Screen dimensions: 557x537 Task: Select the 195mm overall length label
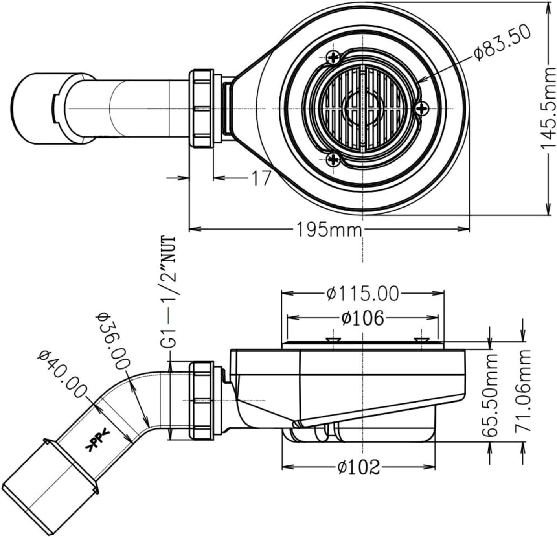point(329,230)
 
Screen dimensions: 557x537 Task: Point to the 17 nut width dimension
point(261,178)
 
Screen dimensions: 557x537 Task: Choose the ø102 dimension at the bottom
point(358,467)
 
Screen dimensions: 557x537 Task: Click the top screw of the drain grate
point(333,58)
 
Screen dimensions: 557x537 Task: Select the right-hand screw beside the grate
point(421,108)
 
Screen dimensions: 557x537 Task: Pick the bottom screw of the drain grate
point(333,160)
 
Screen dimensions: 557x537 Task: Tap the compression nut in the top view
point(201,109)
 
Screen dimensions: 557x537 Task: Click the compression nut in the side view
point(201,401)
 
